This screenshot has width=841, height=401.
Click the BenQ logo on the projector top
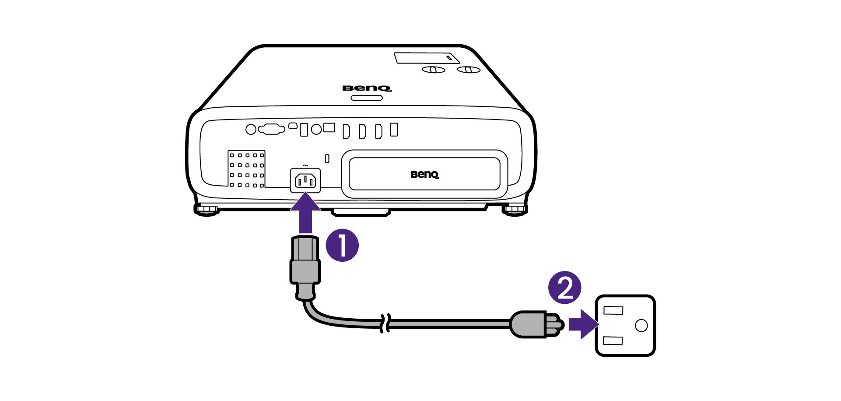click(367, 88)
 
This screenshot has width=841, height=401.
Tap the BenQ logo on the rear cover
click(424, 175)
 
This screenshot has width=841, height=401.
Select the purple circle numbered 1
click(342, 245)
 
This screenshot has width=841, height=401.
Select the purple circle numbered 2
click(564, 288)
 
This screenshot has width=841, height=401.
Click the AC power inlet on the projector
click(305, 180)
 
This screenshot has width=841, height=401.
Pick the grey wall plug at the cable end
click(532, 324)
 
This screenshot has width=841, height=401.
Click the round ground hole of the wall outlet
click(641, 325)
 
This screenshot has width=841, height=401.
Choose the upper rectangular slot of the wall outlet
click(613, 310)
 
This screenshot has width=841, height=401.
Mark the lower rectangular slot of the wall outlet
click(613, 340)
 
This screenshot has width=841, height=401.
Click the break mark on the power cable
click(385, 323)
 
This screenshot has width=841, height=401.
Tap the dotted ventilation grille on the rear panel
click(247, 169)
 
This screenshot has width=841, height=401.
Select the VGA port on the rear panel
click(271, 129)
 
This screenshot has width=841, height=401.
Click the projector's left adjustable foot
click(207, 209)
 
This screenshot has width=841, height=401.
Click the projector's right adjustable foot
click(515, 209)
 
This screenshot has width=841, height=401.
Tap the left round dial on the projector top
click(433, 70)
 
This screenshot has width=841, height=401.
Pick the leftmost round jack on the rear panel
click(251, 130)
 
